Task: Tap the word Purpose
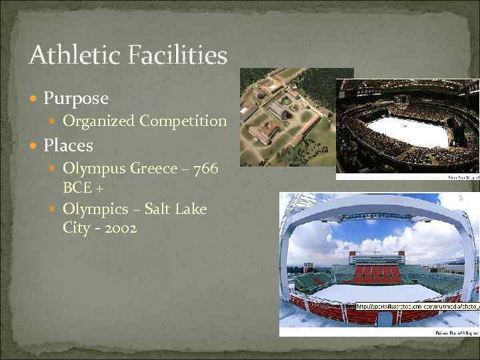coord(75,98)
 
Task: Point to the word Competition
coord(182,121)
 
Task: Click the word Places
coord(68,144)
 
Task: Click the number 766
coord(204,169)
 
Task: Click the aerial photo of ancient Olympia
coord(287,117)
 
